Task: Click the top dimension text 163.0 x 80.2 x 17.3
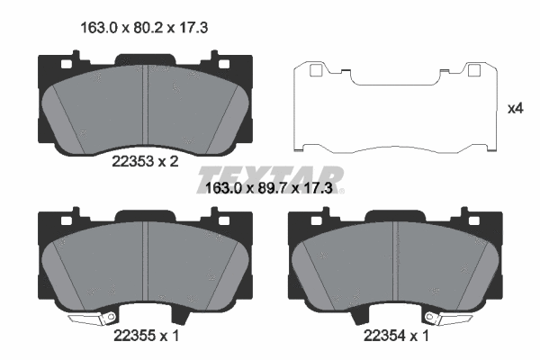click(145, 28)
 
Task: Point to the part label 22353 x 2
click(144, 163)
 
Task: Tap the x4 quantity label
click(516, 109)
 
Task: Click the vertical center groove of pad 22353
click(146, 108)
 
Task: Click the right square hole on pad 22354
click(470, 219)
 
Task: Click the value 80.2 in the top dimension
click(145, 28)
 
